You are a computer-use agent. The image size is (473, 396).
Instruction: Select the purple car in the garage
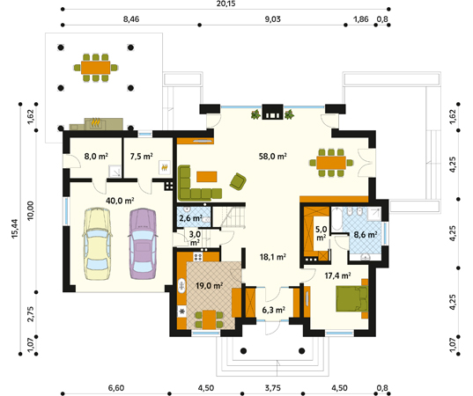[141, 241]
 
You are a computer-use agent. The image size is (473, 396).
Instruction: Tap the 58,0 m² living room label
[273, 157]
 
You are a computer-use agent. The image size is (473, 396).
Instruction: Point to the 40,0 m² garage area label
[119, 200]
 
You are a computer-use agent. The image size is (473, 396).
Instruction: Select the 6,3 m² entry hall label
[274, 310]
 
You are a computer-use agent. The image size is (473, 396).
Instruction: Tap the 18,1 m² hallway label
[272, 258]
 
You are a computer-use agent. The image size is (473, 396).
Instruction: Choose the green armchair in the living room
[238, 180]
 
